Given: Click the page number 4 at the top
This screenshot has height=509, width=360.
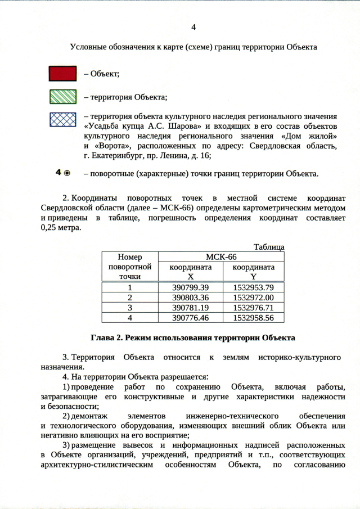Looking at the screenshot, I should tap(193, 27).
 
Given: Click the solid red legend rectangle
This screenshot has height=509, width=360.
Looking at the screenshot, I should tap(62, 74).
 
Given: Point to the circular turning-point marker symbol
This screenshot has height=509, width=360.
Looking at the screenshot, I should tap(67, 173).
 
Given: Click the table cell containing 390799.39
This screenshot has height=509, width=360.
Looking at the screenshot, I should tap(191, 287).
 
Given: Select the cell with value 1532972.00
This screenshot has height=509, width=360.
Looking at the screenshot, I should tap(253, 298).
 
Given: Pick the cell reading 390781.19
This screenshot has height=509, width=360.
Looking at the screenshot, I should tap(191, 308).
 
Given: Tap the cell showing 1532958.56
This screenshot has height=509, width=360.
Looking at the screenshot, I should tap(253, 318).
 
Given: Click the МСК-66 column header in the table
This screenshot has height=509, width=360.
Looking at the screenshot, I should tap(222, 256).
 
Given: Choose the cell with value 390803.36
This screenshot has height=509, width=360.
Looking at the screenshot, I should tap(191, 298).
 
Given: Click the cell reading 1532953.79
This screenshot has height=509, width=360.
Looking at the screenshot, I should tap(253, 287).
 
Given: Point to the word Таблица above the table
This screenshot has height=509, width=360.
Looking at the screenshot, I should tap(269, 247).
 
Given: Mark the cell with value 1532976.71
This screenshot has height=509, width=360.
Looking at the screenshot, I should tap(253, 308).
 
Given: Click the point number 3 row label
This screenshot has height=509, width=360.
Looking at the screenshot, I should tap(130, 308).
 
